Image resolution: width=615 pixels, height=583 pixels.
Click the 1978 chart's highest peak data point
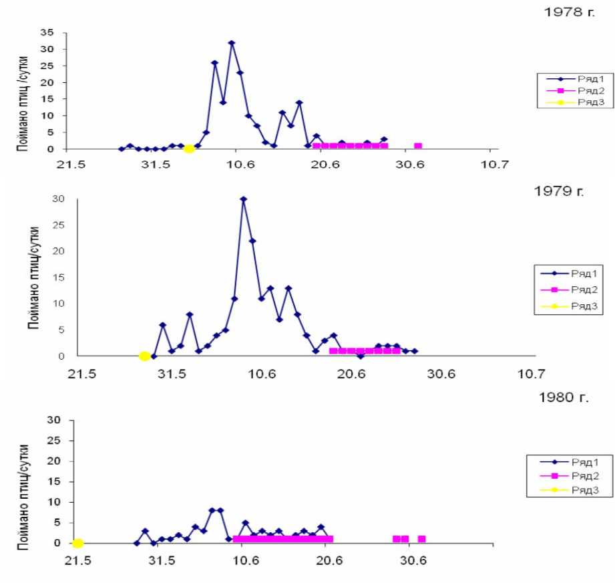(x=232, y=43)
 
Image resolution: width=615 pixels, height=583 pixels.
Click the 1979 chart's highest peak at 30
(x=244, y=199)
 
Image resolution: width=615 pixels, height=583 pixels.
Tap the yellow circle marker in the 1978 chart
(x=190, y=148)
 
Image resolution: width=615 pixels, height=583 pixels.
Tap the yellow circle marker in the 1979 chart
(x=144, y=356)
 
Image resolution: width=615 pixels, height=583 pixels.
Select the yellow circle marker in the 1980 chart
(x=77, y=543)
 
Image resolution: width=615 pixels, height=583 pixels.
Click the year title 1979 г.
(x=560, y=192)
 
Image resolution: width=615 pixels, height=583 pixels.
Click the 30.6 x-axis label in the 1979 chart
(x=441, y=374)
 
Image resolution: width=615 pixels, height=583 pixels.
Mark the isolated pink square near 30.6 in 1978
(x=418, y=146)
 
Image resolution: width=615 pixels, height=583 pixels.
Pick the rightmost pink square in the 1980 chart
(x=421, y=539)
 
